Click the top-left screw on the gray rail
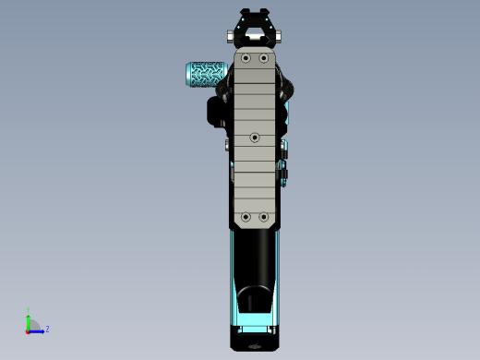pos(246,58)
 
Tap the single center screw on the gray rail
pos(255,138)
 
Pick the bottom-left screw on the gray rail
pos(246,217)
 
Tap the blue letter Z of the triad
pos(47,329)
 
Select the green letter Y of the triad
pos(29,310)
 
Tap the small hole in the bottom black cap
pos(255,347)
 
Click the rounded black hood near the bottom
pos(255,300)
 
